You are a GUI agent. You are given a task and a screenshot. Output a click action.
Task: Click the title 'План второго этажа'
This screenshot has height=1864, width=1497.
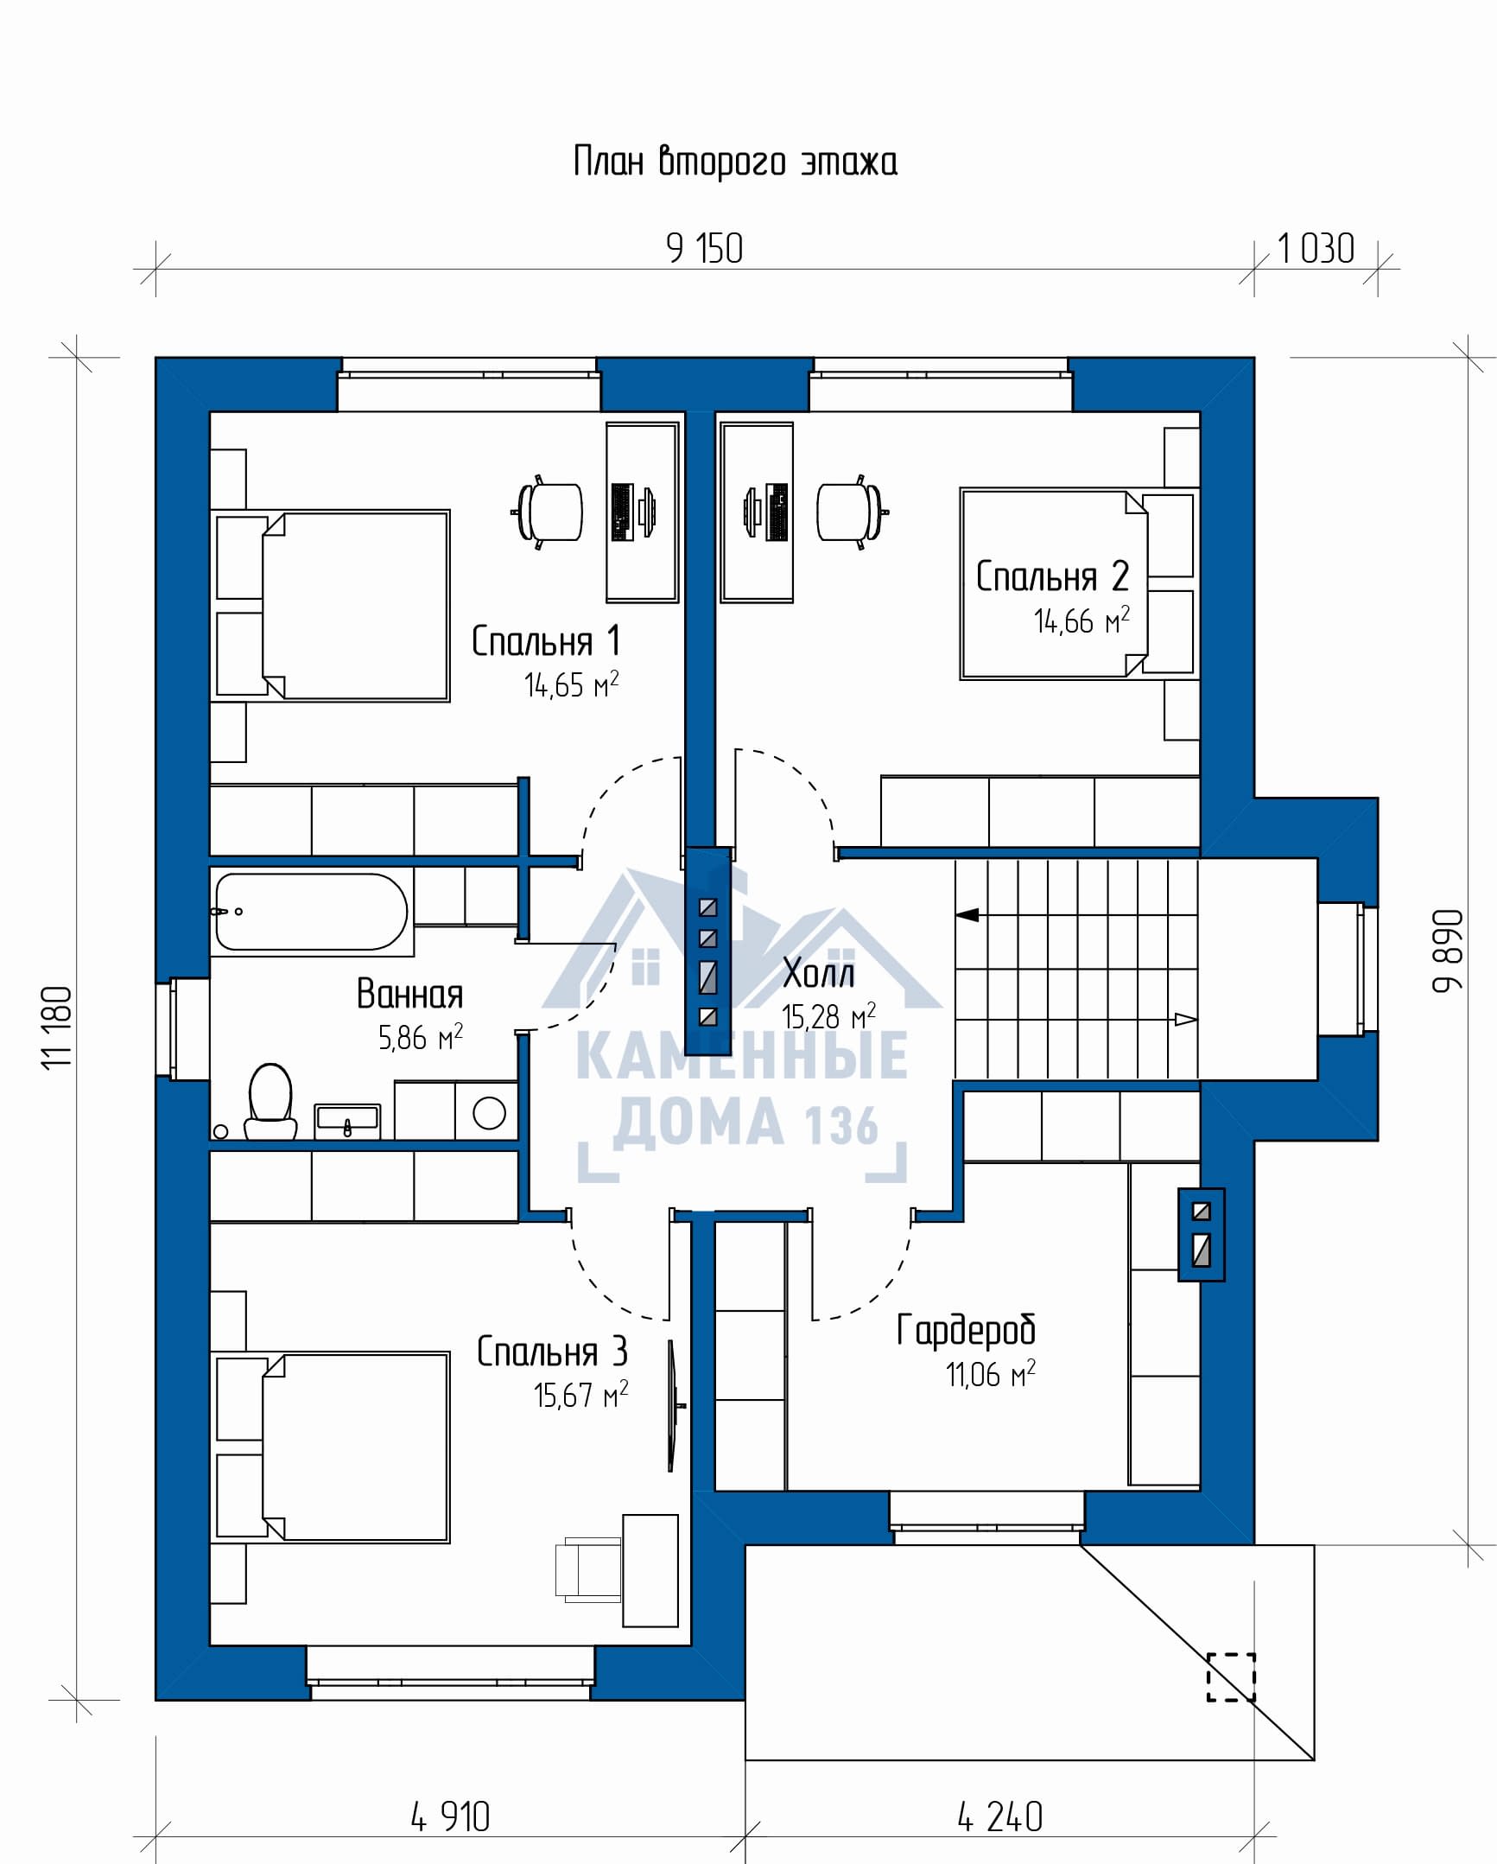tap(735, 162)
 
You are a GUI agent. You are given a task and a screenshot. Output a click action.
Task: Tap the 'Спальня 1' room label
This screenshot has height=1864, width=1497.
tap(546, 641)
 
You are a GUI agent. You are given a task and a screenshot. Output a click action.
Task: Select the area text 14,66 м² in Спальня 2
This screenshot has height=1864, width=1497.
tap(1082, 620)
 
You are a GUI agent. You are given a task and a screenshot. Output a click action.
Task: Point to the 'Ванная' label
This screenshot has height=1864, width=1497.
tap(409, 995)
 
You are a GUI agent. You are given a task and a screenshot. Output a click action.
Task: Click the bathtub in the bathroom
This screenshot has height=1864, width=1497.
tap(311, 912)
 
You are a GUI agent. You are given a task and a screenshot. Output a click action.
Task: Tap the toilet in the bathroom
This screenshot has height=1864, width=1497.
tap(270, 1102)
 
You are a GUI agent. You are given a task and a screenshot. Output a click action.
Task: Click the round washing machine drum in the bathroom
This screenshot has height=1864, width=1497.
tap(489, 1113)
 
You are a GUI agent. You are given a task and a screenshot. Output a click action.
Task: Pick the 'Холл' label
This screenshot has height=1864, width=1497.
tap(819, 974)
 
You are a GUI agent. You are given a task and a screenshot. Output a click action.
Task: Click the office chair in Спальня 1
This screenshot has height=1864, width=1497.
tap(549, 512)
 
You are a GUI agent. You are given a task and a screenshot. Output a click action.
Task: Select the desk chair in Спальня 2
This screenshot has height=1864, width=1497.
tap(851, 512)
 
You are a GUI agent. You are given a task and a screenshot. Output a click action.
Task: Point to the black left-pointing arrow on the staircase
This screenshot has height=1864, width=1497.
tap(967, 914)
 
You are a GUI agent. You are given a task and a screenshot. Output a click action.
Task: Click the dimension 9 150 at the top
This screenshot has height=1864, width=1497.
tap(704, 249)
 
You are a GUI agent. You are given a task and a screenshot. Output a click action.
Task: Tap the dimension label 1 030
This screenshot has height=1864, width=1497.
tap(1316, 249)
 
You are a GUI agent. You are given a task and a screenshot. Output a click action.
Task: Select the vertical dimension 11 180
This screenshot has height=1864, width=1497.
tap(57, 1028)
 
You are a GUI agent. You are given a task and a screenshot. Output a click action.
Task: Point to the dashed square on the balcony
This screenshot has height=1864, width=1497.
tap(1231, 1677)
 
